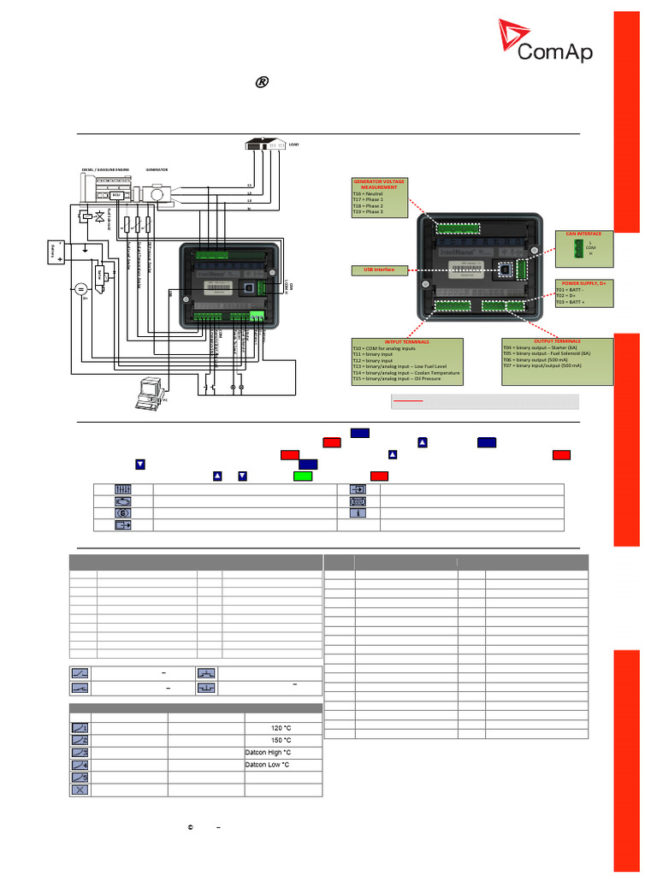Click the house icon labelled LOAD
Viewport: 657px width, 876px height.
point(266,145)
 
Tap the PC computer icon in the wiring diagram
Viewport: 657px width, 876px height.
point(151,390)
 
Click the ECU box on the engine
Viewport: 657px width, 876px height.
point(117,195)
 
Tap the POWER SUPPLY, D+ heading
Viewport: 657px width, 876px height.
point(583,281)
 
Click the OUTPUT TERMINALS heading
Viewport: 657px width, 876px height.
point(556,340)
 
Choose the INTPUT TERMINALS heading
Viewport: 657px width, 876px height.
point(407,341)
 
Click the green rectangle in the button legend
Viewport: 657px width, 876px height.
point(304,475)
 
